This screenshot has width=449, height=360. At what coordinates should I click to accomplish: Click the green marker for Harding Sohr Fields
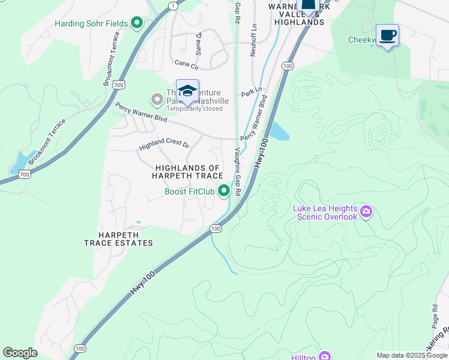(137, 23)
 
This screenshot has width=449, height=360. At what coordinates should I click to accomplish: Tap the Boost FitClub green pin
(224, 191)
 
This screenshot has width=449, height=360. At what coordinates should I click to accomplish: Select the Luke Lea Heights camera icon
(366, 212)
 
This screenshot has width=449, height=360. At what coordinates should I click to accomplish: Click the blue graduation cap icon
(187, 91)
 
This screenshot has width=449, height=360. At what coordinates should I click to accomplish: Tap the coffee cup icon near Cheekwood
(387, 35)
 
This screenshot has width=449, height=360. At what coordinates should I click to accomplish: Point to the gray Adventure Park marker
(157, 98)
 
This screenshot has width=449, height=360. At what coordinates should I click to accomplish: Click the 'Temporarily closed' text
(194, 109)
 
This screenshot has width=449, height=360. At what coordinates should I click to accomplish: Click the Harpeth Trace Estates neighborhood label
(118, 239)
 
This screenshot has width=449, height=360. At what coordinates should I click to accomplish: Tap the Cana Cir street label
(186, 62)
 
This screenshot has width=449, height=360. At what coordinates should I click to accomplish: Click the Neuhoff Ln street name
(254, 40)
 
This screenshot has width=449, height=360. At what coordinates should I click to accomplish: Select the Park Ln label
(252, 94)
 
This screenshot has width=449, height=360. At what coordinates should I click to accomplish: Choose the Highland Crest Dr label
(164, 145)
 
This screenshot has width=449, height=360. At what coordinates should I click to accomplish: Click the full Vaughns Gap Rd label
(238, 172)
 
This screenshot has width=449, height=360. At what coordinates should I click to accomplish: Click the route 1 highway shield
(173, 5)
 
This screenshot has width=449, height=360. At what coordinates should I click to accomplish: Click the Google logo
(20, 353)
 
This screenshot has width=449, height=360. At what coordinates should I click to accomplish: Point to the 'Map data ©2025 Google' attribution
(412, 355)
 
